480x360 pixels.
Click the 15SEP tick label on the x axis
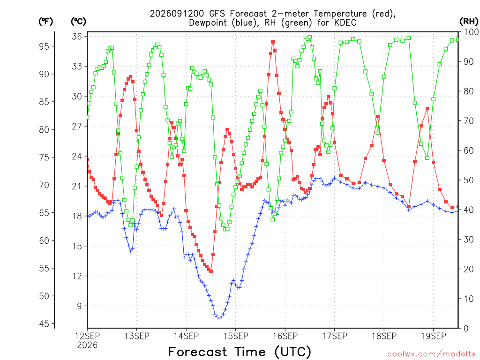[235, 336]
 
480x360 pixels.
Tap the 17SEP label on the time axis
[334, 336]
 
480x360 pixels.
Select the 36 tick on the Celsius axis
[77, 37]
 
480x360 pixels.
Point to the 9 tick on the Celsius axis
[79, 306]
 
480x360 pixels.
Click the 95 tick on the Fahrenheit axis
[44, 46]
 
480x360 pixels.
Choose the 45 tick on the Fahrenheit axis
[44, 323]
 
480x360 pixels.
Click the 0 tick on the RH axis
[466, 329]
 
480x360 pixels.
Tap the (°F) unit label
[45, 22]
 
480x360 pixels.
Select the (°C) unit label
[78, 22]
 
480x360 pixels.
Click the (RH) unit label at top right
[469, 21]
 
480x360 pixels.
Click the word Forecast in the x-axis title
[197, 352]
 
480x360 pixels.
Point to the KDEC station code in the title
[346, 22]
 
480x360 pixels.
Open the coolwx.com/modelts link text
[432, 354]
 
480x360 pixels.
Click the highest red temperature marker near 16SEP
[273, 42]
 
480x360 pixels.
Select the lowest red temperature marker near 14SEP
[211, 271]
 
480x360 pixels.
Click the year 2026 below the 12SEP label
[87, 345]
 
